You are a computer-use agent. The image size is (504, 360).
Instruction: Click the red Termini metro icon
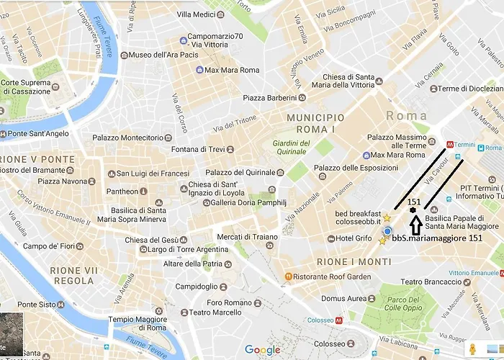click(x=451, y=143)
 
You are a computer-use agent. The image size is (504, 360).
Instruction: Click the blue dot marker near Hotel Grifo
click(x=387, y=231)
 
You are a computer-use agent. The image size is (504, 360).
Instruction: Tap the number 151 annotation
click(x=414, y=203)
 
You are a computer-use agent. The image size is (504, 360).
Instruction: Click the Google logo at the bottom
click(x=262, y=350)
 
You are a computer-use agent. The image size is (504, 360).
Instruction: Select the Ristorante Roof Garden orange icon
click(x=288, y=276)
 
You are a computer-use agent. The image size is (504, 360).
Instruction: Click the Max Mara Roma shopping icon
click(x=199, y=70)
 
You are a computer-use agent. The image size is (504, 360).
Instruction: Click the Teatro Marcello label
click(x=216, y=312)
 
